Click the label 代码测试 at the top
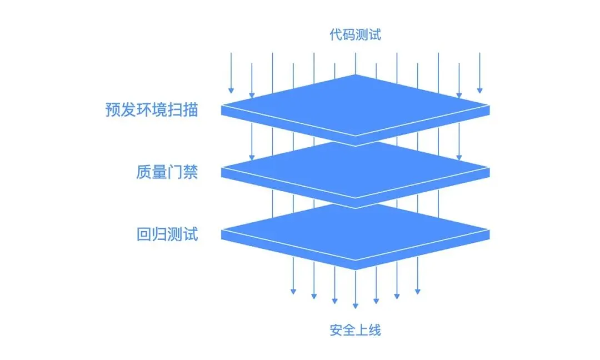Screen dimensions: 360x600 click(356, 35)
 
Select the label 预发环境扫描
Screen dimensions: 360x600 click(151, 109)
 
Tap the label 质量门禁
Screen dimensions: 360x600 click(167, 172)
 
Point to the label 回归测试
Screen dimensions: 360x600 click(167, 234)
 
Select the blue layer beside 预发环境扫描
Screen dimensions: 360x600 click(356, 106)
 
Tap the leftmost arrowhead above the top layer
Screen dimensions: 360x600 click(231, 90)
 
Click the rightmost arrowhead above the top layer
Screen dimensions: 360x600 click(479, 90)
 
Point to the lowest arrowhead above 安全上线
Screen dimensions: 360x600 click(356, 305)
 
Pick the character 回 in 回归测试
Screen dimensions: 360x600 click(143, 234)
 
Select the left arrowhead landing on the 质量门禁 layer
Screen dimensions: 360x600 click(252, 158)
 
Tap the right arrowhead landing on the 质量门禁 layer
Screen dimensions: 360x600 click(459, 158)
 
